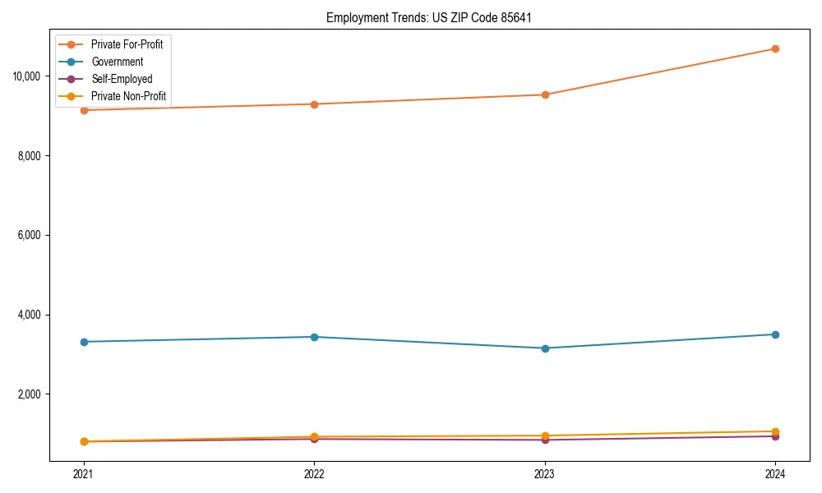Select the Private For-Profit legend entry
click(x=127, y=44)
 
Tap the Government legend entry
click(x=117, y=62)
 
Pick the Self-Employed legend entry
click(x=122, y=79)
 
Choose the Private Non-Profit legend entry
click(x=128, y=96)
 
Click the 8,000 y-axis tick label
click(x=32, y=156)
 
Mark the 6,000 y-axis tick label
click(x=32, y=235)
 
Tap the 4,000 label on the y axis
click(x=32, y=315)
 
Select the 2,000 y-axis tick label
click(x=32, y=394)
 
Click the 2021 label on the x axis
click(x=83, y=474)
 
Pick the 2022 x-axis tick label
click(x=314, y=474)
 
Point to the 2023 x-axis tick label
click(x=544, y=474)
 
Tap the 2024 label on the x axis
click(x=775, y=474)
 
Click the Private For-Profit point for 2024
click(x=775, y=48)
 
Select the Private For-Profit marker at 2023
click(x=544, y=94)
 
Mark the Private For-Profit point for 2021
click(x=83, y=110)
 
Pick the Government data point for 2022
click(x=314, y=337)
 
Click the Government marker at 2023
click(x=544, y=348)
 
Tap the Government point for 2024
click(x=775, y=334)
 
